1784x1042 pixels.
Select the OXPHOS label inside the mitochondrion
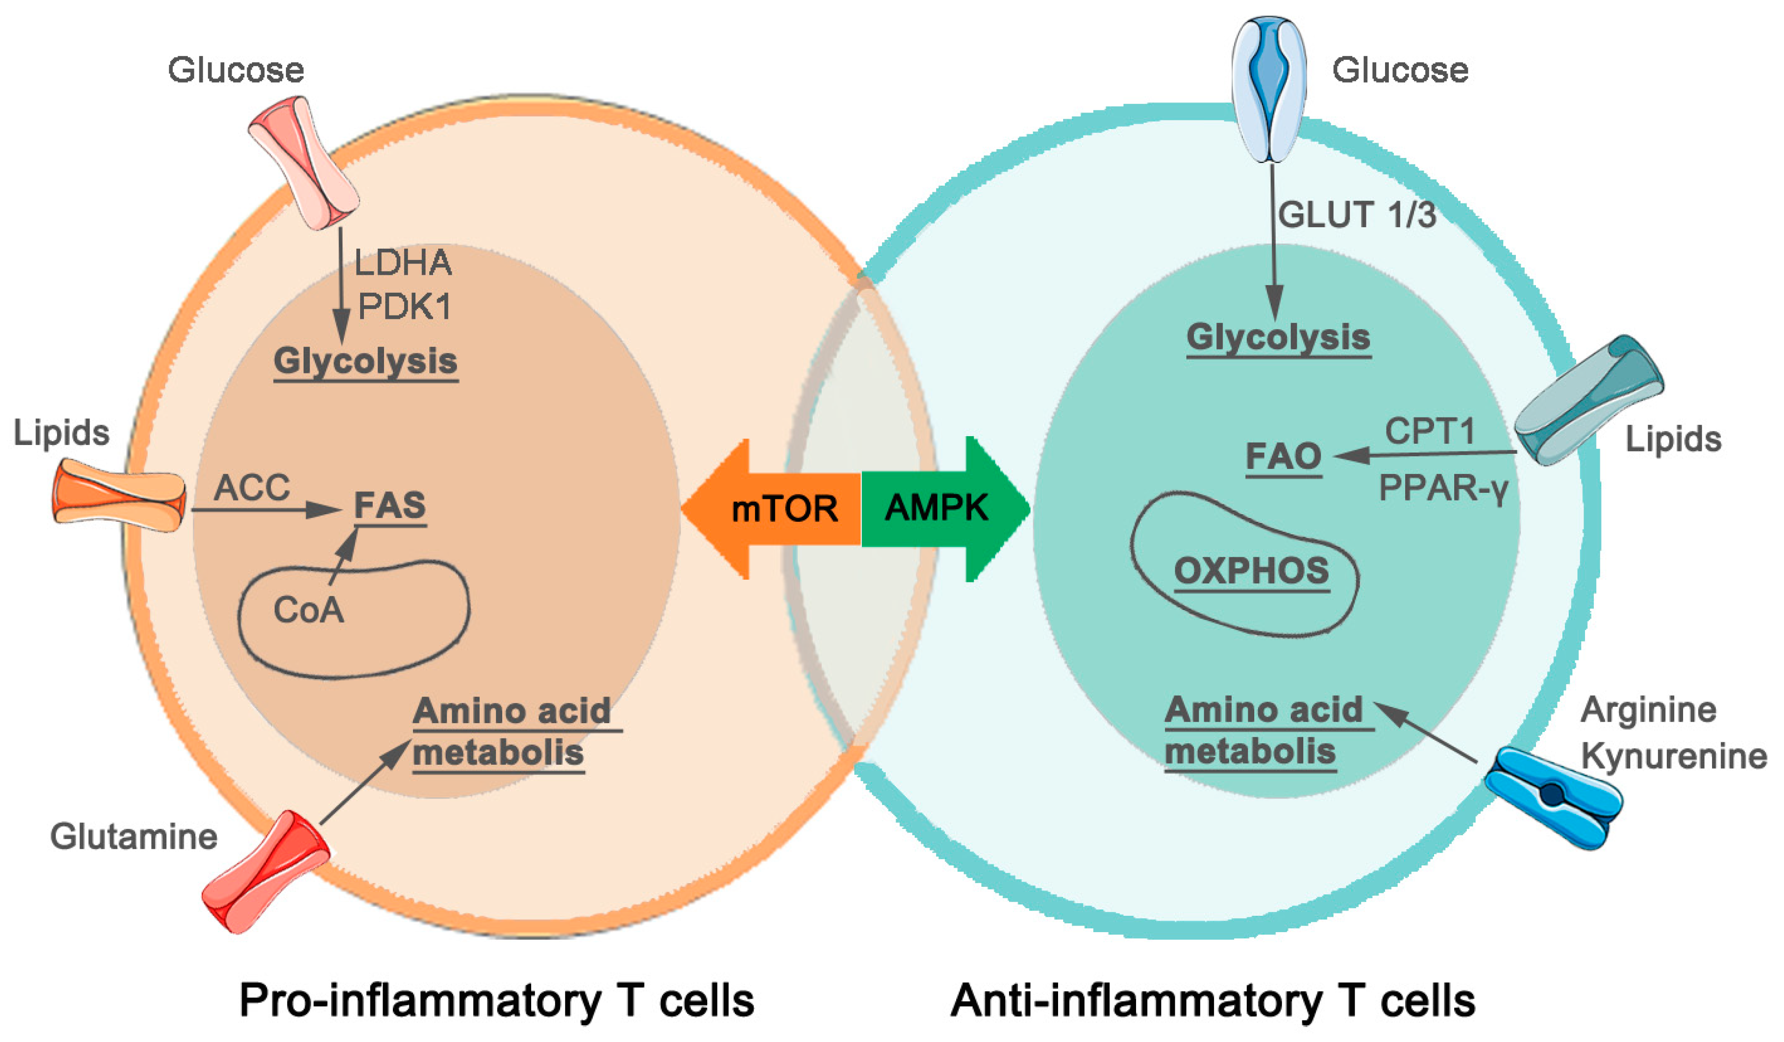[1251, 571]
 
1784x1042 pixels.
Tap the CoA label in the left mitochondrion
[309, 611]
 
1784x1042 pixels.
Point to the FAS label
[390, 506]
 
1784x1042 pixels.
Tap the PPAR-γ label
[1443, 489]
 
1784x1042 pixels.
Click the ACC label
[252, 488]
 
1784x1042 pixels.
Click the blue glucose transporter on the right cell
[1269, 88]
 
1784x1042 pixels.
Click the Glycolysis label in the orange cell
[365, 361]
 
